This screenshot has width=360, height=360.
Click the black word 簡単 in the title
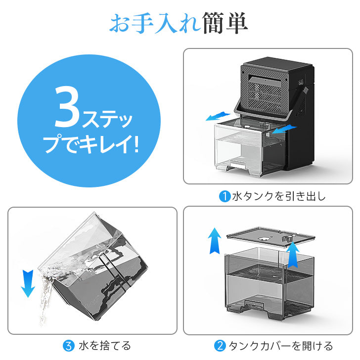click(225, 23)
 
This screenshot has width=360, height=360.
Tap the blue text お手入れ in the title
click(155, 23)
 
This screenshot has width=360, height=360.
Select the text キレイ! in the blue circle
click(109, 144)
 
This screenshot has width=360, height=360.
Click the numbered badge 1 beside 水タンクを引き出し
click(225, 196)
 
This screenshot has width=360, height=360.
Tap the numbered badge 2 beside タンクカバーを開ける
click(220, 346)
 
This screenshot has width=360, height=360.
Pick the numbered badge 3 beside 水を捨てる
click(69, 346)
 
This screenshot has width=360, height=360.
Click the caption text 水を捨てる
click(105, 346)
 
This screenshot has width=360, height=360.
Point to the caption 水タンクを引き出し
click(279, 196)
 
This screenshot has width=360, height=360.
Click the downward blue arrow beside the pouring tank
click(28, 283)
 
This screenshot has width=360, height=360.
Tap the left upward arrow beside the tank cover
click(215, 241)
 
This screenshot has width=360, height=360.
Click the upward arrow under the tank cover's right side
click(293, 255)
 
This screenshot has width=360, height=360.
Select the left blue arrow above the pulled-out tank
click(218, 116)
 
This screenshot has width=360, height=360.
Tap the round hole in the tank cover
click(264, 238)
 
